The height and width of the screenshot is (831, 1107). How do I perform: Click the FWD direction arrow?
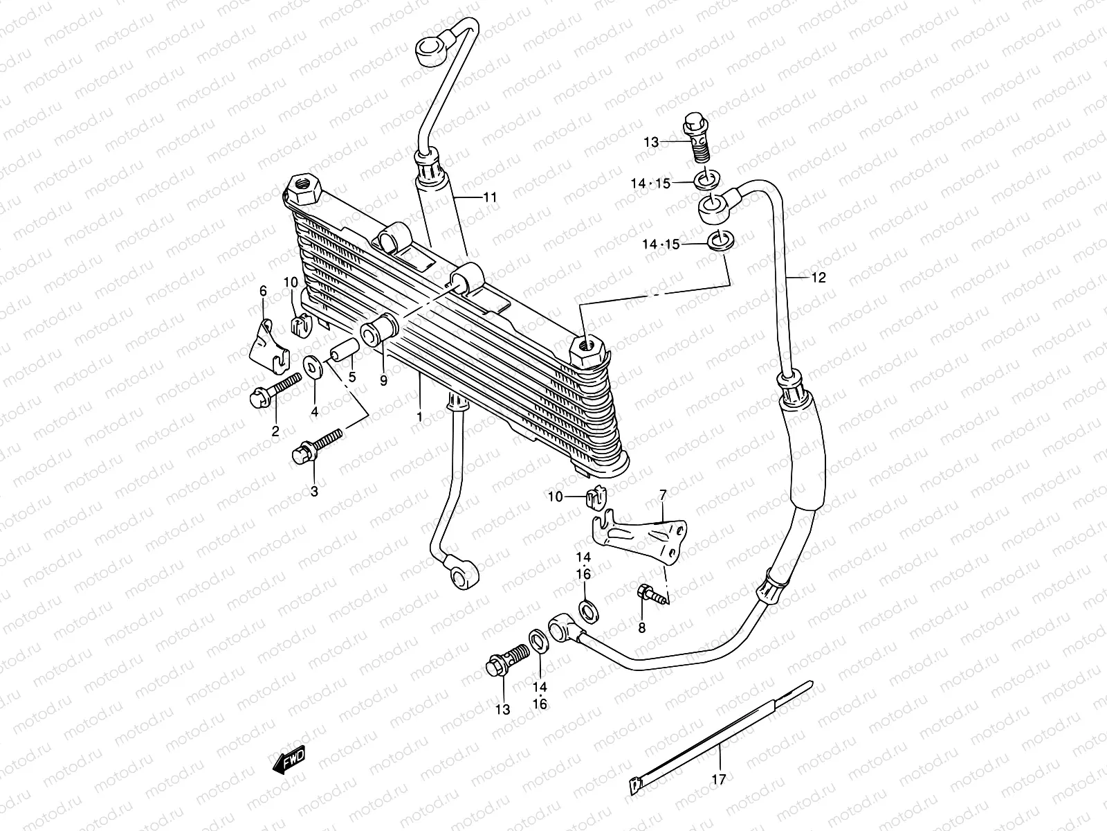tap(289, 761)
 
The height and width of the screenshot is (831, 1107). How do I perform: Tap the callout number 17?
tap(718, 780)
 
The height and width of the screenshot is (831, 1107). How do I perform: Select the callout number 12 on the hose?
tap(818, 278)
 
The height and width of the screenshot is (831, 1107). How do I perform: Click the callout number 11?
tap(490, 197)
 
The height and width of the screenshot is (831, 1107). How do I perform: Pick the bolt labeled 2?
tap(275, 388)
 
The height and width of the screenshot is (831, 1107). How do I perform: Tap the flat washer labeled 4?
tap(312, 366)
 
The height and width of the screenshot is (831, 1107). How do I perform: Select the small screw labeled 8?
tap(651, 593)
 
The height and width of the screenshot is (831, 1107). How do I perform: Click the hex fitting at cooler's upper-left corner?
tap(302, 190)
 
